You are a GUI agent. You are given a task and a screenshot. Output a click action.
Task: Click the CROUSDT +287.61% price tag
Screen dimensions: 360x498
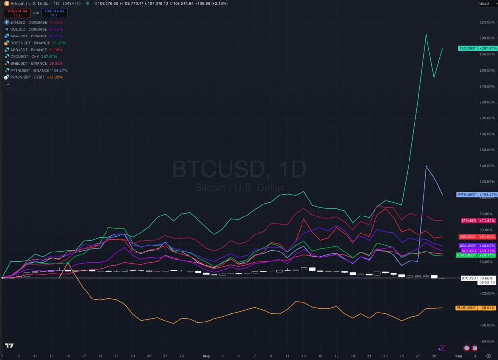pyautogui.click(x=478, y=48)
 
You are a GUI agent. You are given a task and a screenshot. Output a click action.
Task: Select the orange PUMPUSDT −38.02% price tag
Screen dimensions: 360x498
pyautogui.click(x=476, y=308)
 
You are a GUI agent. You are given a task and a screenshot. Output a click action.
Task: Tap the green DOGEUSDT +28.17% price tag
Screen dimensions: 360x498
pyautogui.click(x=476, y=255)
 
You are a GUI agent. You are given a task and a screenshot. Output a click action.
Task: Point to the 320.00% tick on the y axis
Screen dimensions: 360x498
pyautogui.click(x=487, y=22)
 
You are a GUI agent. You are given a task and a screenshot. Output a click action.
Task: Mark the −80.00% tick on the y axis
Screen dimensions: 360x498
pyautogui.click(x=486, y=341)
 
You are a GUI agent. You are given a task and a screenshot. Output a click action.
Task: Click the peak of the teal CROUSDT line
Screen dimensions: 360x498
pyautogui.click(x=426, y=34)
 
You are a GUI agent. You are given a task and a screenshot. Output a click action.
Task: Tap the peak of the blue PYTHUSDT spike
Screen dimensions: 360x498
pyautogui.click(x=426, y=166)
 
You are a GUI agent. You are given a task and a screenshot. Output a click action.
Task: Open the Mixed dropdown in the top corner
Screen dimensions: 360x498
pyautogui.click(x=485, y=3)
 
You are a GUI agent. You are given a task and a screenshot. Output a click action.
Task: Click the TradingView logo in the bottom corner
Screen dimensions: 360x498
pyautogui.click(x=9, y=346)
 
